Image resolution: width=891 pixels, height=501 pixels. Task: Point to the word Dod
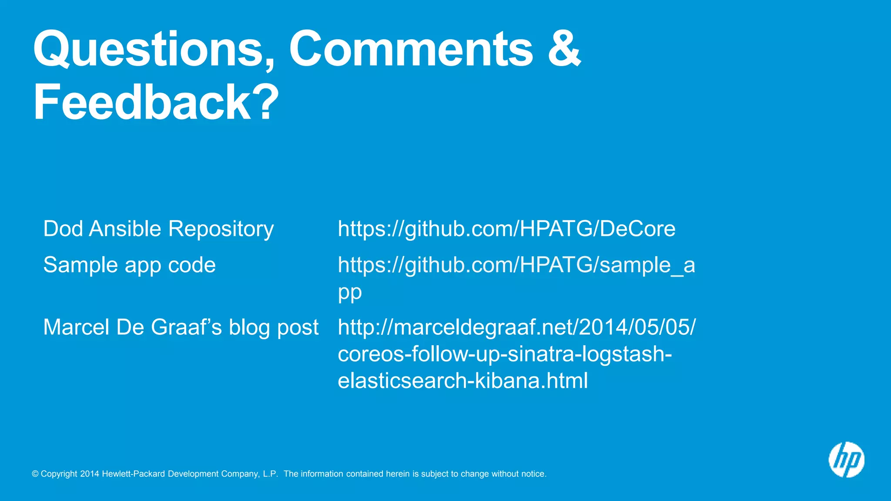[x=63, y=229]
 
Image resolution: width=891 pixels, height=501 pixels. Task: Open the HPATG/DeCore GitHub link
[x=506, y=229]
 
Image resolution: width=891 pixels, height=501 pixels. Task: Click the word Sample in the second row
[x=80, y=265]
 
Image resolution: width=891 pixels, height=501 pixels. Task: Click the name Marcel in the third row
[x=76, y=327]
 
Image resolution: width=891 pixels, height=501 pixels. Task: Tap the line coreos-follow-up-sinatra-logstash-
[x=505, y=354]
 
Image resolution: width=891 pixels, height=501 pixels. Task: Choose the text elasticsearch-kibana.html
[x=463, y=381]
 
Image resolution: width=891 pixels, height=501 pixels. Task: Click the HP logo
[x=846, y=460]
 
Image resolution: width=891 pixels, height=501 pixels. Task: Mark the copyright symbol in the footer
[x=35, y=474]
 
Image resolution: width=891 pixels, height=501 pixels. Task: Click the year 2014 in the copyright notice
[x=90, y=474]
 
